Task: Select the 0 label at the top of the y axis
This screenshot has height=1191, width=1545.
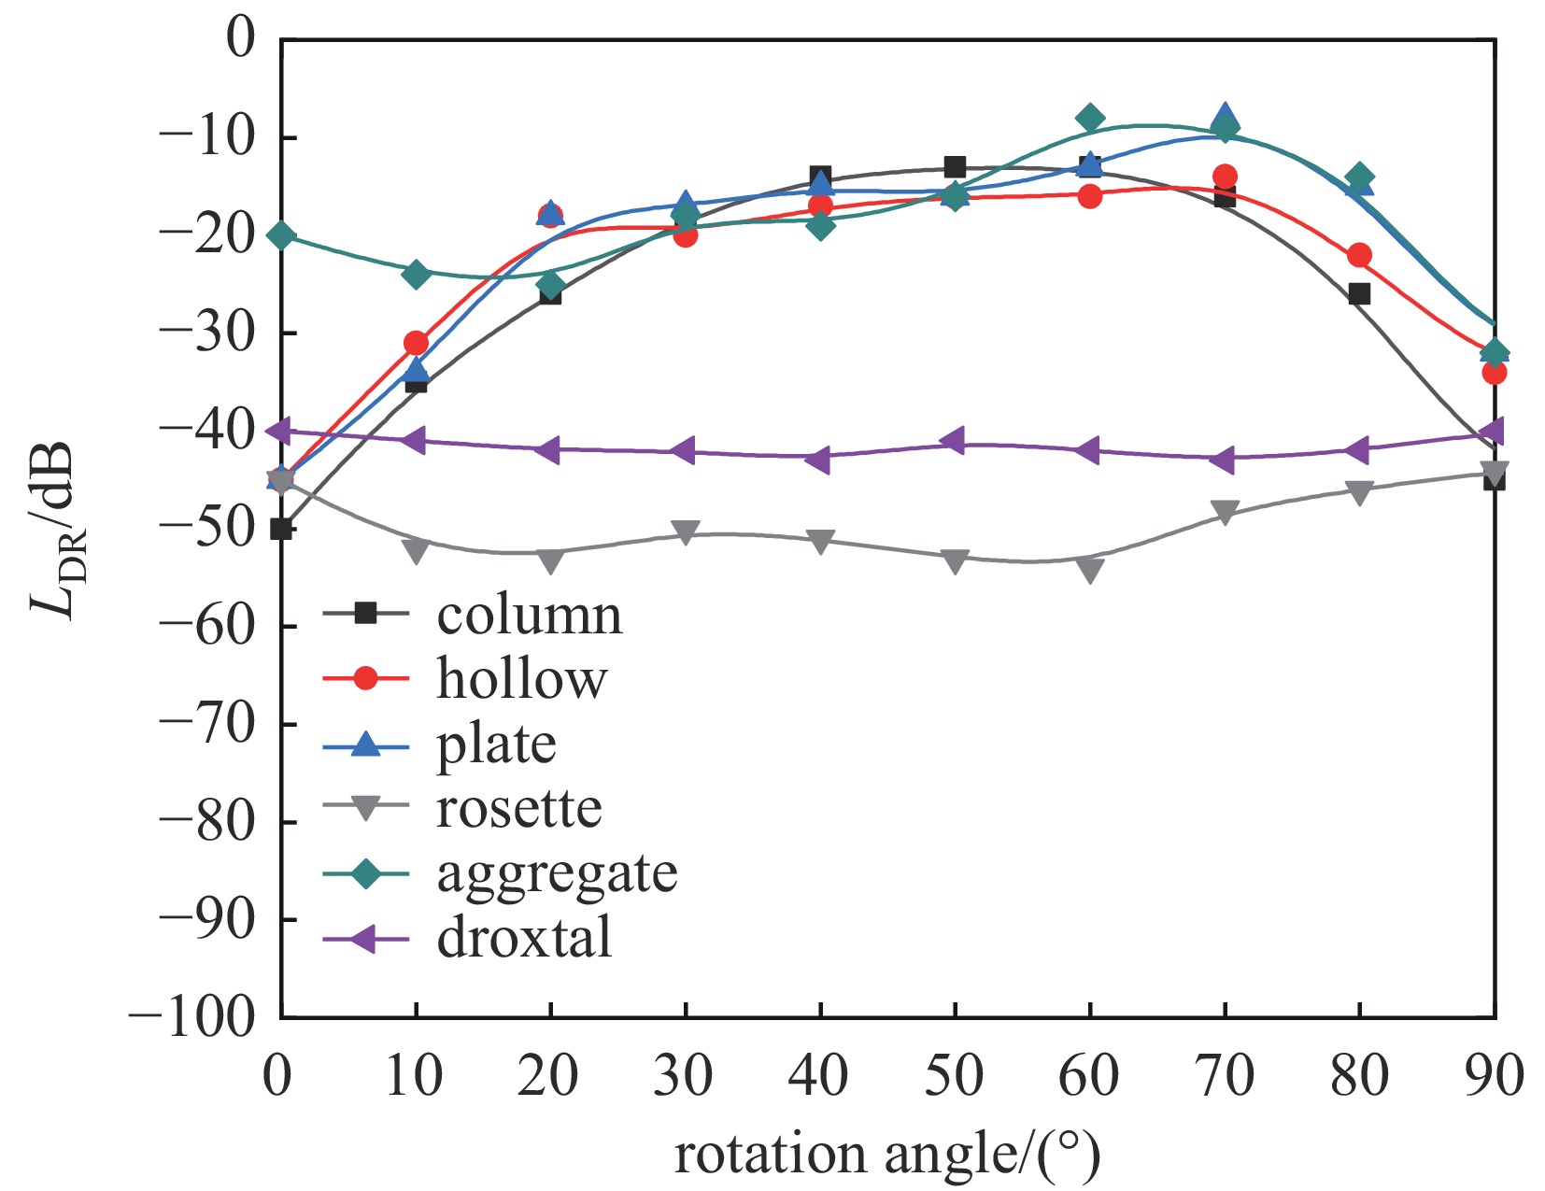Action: pos(241,40)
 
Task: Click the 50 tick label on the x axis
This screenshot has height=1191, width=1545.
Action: pos(954,1075)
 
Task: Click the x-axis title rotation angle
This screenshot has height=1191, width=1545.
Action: pos(887,1155)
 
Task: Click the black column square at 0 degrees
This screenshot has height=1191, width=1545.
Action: pos(281,529)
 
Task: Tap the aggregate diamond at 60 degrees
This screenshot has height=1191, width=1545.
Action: pos(1089,118)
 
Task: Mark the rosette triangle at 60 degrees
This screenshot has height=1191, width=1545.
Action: pos(1089,570)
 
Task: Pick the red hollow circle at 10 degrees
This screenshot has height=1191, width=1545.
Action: pos(416,343)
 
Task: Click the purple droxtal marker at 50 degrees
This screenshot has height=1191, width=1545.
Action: pos(953,441)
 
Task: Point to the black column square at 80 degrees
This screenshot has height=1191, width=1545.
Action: pos(1359,294)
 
